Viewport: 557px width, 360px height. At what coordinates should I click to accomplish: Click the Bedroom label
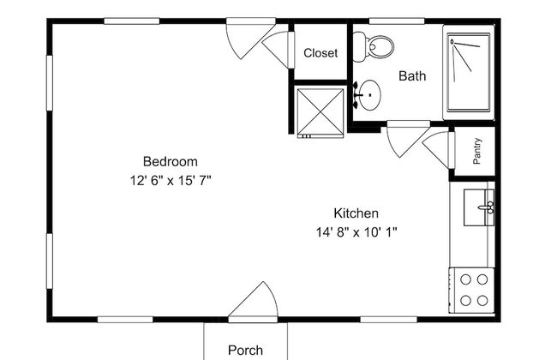(171, 162)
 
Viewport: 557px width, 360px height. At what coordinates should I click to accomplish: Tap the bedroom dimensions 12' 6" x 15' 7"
(171, 181)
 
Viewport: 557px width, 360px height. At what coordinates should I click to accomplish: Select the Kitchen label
(356, 213)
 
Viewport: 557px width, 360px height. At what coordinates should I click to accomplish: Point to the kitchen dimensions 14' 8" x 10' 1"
(356, 232)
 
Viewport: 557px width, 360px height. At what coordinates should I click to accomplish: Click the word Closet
(320, 53)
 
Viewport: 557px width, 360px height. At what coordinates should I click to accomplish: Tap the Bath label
(412, 75)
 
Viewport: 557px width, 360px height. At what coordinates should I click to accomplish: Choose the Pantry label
(477, 151)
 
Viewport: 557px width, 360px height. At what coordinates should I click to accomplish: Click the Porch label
(245, 350)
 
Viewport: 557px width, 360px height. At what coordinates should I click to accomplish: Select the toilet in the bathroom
(374, 46)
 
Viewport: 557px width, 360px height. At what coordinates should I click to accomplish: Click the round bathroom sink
(368, 95)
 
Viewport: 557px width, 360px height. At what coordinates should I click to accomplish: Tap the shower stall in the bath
(469, 72)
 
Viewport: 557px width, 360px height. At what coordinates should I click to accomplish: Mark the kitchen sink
(479, 207)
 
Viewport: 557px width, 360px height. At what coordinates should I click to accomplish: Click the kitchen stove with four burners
(472, 291)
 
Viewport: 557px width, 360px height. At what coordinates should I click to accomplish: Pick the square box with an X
(320, 112)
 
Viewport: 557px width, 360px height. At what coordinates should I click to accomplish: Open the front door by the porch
(253, 302)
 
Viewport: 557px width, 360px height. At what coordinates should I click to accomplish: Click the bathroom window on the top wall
(397, 21)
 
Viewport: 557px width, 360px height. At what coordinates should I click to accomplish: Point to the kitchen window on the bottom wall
(389, 320)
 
